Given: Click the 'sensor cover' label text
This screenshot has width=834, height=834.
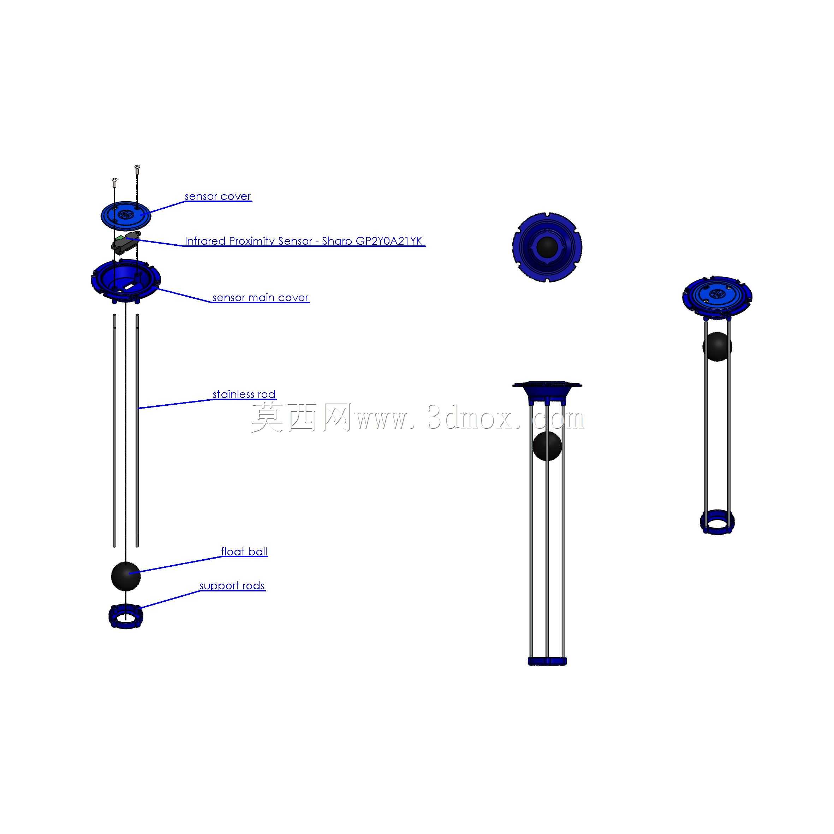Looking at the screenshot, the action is pos(218,196).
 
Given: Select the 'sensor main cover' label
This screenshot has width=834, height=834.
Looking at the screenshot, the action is pos(260,297).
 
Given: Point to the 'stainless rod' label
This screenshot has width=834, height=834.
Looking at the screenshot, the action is pos(244,394).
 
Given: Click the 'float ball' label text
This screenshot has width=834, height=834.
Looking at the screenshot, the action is pos(244,552).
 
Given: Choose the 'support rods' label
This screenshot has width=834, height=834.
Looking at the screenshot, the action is pos(232,586).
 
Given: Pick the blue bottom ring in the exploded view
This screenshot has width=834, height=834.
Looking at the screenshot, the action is pos(126,616).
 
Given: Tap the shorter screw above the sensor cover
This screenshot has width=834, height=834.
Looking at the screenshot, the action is pos(114,182).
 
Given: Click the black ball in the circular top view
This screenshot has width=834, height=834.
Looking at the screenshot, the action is pos(547,247).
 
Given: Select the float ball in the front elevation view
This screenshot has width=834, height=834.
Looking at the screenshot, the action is pos(547,446).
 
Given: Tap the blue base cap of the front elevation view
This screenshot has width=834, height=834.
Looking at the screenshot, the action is pos(547,661).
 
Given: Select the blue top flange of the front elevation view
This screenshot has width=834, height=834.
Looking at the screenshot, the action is pos(547,392).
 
